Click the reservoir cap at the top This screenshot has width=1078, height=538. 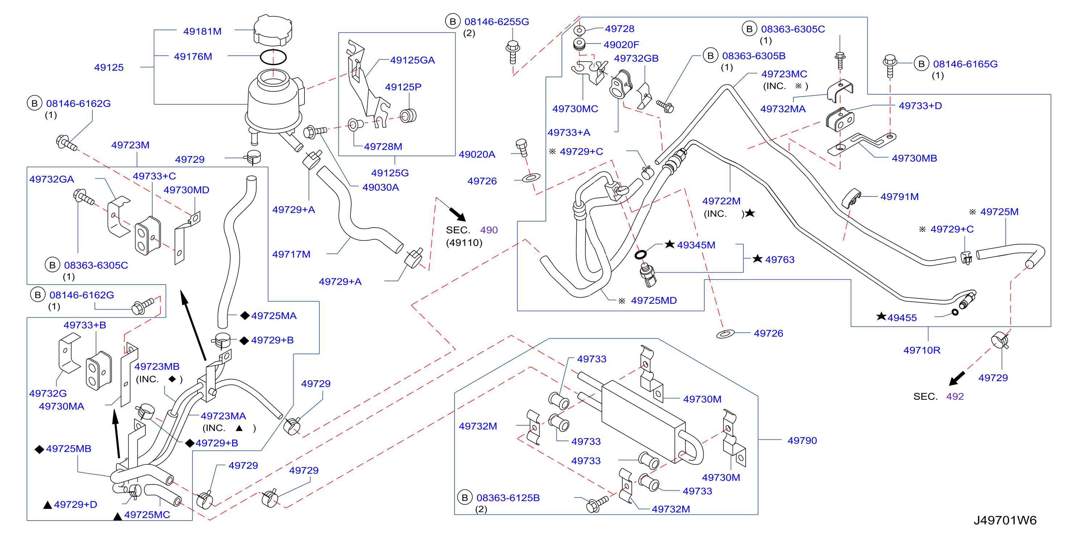tap(273, 30)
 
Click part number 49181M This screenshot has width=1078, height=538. tap(202, 32)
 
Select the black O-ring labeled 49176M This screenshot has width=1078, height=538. tap(273, 57)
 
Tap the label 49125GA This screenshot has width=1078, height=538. tap(412, 60)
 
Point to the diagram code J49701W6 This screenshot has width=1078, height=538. tap(1005, 520)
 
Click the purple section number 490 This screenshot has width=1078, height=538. tap(489, 230)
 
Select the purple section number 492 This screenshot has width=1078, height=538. tap(955, 396)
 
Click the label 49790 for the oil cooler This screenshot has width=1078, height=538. tap(802, 440)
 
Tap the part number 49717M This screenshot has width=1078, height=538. tap(291, 254)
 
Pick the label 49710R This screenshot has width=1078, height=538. tap(922, 350)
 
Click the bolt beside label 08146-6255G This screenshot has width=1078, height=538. tap(513, 51)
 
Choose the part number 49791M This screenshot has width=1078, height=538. tap(899, 196)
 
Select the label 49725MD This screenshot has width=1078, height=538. tap(654, 301)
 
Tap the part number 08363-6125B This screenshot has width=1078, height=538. tap(508, 498)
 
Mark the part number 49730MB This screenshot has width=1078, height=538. tap(915, 158)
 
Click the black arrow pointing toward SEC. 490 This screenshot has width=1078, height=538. tap(457, 214)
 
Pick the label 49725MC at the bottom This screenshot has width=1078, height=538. tap(147, 514)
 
